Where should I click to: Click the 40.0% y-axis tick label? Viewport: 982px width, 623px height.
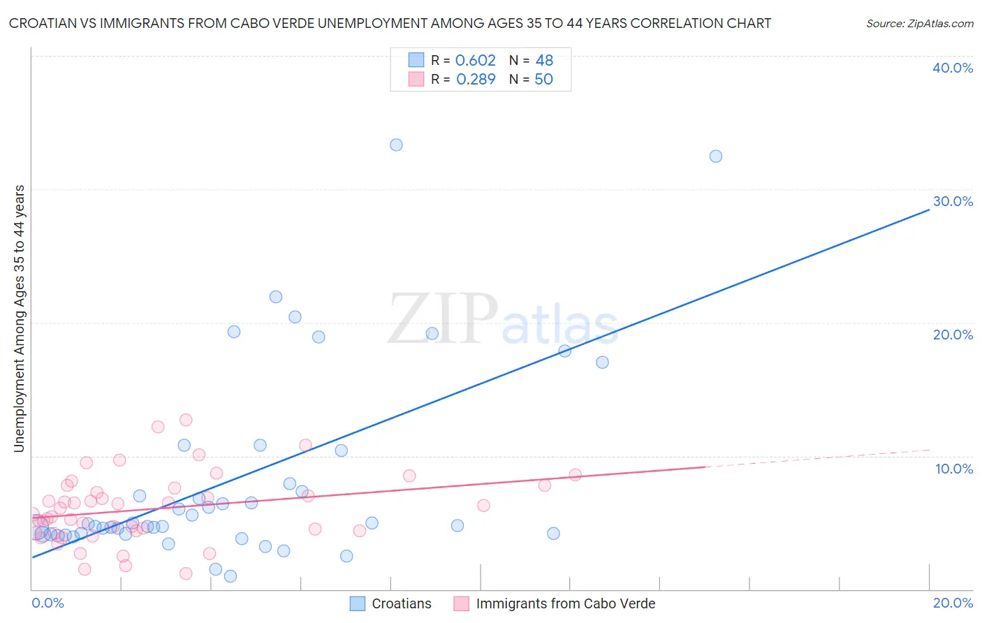pyautogui.click(x=953, y=68)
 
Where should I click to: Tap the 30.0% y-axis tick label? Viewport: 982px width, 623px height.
pyautogui.click(x=953, y=201)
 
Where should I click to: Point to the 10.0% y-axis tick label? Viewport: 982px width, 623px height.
pyautogui.click(x=954, y=469)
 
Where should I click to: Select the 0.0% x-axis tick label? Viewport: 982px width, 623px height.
pyautogui.click(x=47, y=603)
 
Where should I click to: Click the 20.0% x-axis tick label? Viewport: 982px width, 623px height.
pyautogui.click(x=953, y=603)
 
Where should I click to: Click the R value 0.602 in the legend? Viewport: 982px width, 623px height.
pyautogui.click(x=475, y=61)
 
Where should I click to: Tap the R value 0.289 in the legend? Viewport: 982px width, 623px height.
pyautogui.click(x=476, y=80)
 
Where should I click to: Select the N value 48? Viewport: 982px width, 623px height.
pyautogui.click(x=544, y=61)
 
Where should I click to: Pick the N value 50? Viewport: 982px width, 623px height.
pyautogui.click(x=543, y=80)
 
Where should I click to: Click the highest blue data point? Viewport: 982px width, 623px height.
pyautogui.click(x=396, y=145)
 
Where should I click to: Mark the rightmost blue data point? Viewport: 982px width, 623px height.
pyautogui.click(x=716, y=156)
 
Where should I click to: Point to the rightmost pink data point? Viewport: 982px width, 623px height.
pyautogui.click(x=576, y=475)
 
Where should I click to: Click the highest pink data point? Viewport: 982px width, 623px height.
pyautogui.click(x=186, y=420)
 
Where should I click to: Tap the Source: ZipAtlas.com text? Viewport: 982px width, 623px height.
pyautogui.click(x=919, y=24)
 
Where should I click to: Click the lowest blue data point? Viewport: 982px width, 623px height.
pyautogui.click(x=230, y=576)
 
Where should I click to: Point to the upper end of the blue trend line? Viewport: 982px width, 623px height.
pyautogui.click(x=929, y=209)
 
